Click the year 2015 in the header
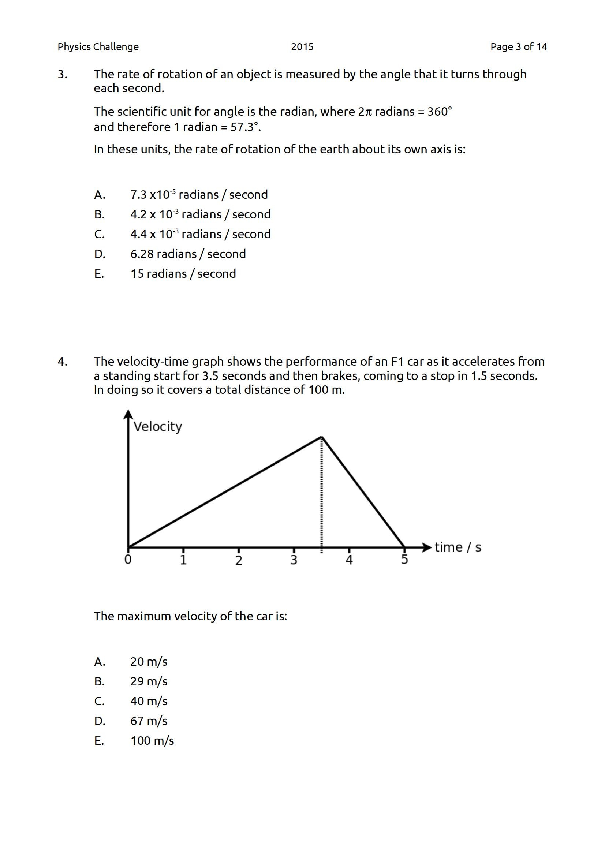(x=302, y=47)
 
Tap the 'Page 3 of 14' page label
(x=519, y=47)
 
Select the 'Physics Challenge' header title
(x=98, y=47)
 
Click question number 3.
(x=63, y=75)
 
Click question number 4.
(x=63, y=362)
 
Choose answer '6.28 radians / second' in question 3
(x=188, y=254)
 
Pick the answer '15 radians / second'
(x=183, y=274)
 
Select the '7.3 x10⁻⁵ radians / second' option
(x=199, y=195)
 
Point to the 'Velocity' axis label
(x=158, y=426)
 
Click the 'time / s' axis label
(x=458, y=547)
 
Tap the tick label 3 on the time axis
(x=294, y=560)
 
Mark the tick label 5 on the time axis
(x=404, y=560)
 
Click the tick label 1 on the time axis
(x=183, y=560)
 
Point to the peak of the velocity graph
(x=322, y=437)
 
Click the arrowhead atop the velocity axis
(x=128, y=414)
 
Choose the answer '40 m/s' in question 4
(x=149, y=701)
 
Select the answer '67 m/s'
(x=149, y=721)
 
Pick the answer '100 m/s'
(x=152, y=741)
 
